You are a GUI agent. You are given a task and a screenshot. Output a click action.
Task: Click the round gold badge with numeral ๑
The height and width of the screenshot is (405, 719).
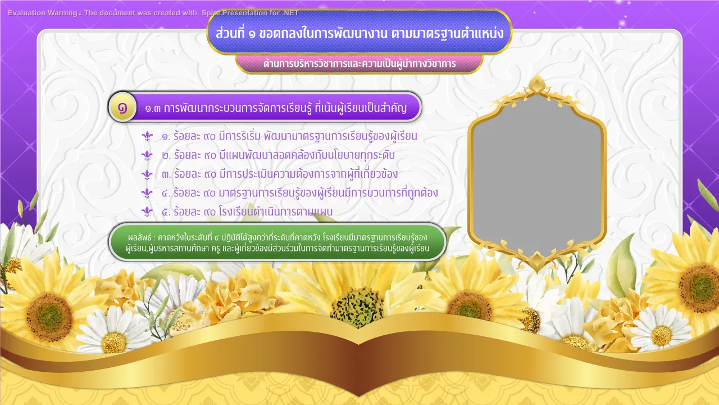click(122, 107)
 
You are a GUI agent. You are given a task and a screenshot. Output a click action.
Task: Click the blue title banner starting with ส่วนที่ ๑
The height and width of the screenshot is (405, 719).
click(359, 32)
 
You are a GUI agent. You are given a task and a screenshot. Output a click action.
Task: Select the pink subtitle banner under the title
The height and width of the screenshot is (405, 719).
click(359, 64)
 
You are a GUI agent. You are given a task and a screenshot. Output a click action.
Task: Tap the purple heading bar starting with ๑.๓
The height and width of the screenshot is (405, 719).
click(265, 107)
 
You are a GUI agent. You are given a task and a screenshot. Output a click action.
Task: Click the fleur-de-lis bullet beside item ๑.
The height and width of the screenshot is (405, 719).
click(147, 136)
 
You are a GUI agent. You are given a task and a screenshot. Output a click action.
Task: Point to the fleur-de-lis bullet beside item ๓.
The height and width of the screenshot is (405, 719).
click(147, 174)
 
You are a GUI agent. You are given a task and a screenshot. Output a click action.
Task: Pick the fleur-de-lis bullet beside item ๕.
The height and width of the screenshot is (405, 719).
click(147, 212)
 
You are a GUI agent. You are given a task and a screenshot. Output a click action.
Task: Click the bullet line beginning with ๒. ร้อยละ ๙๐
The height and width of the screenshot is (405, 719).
click(278, 155)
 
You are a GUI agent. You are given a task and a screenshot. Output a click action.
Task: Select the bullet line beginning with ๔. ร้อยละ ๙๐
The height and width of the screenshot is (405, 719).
click(300, 193)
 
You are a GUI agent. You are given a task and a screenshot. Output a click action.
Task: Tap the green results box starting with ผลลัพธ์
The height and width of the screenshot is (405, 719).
click(277, 242)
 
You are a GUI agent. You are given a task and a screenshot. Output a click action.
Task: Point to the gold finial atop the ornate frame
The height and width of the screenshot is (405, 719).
click(536, 83)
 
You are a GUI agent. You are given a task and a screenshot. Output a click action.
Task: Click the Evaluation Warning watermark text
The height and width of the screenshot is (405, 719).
click(153, 13)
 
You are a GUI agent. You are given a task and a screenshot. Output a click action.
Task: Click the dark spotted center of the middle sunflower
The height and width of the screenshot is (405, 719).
click(357, 308)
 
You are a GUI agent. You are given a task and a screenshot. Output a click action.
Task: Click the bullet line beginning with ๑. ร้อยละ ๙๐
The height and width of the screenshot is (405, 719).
click(289, 136)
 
